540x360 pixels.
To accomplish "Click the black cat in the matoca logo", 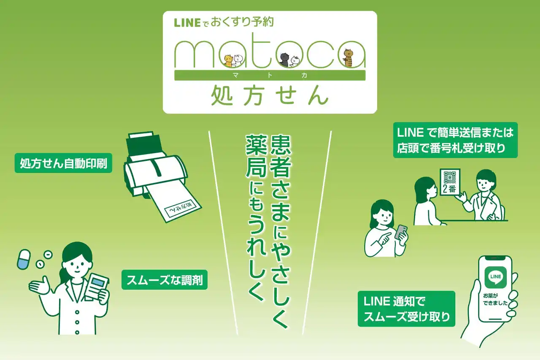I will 284,59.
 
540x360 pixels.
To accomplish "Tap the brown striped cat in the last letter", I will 348,58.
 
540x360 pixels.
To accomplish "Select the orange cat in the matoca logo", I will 228,61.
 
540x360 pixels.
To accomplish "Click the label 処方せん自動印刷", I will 64,163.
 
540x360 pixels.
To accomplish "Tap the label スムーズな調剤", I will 165,280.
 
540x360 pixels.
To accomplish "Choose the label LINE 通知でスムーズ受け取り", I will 406,309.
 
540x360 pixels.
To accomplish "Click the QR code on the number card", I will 451,177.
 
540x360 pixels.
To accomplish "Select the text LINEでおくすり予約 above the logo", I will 224,22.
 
